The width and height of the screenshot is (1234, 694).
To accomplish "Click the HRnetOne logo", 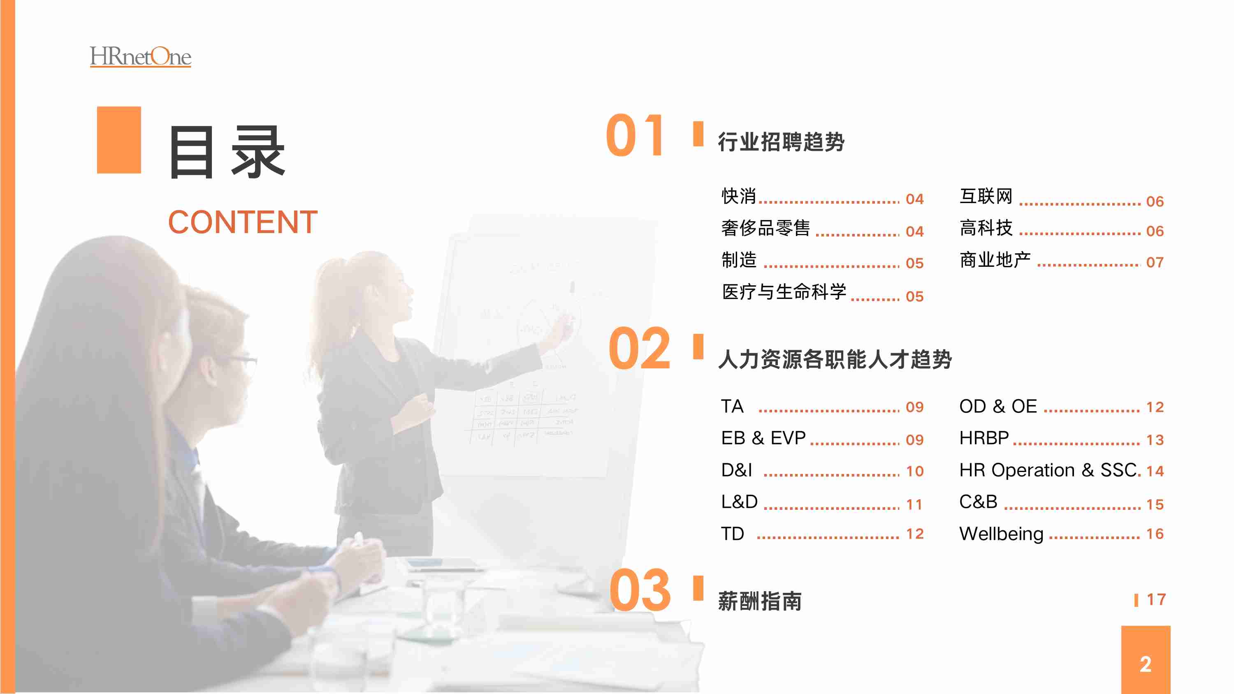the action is click(140, 56).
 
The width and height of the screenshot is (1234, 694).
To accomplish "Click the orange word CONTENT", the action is click(243, 222).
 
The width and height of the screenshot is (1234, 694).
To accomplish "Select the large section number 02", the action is click(639, 348).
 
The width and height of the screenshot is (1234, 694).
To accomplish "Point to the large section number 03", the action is click(640, 590).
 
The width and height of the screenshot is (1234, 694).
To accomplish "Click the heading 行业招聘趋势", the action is click(781, 142).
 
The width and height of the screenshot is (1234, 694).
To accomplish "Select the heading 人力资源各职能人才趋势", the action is click(835, 359).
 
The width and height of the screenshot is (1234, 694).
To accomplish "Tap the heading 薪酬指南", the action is click(760, 601).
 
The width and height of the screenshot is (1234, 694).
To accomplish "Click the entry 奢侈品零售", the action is click(765, 228).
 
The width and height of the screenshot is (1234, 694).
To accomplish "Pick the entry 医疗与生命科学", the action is click(784, 291).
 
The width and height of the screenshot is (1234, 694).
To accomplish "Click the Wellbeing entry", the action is click(1001, 534).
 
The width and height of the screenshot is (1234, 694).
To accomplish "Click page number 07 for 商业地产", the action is click(1155, 262).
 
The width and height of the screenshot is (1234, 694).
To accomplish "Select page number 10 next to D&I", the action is click(915, 471).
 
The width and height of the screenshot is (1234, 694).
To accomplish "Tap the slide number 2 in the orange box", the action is click(1146, 664).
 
